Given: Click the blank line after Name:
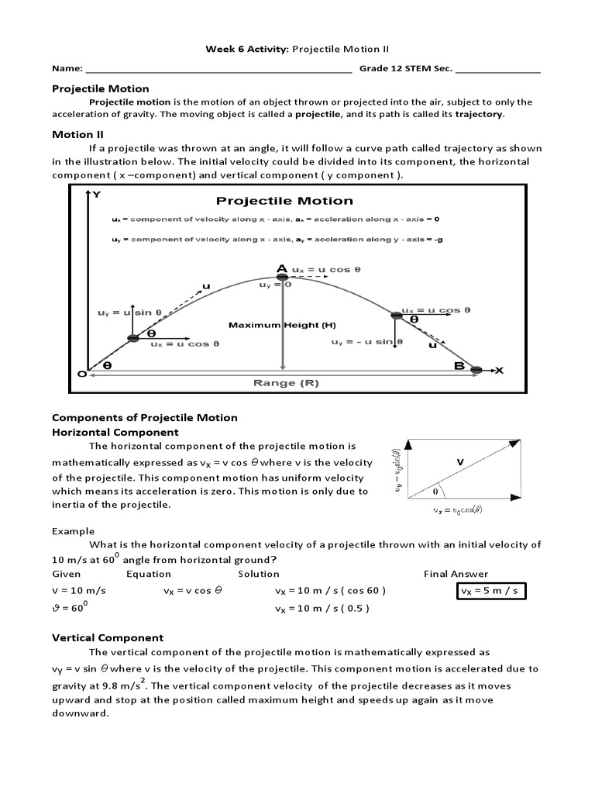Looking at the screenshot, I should pyautogui.click(x=219, y=70).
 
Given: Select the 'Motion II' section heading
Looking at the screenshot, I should pyautogui.click(x=72, y=134).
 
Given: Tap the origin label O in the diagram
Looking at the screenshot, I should pyautogui.click(x=81, y=373).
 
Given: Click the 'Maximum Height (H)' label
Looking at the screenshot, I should pyautogui.click(x=271, y=325).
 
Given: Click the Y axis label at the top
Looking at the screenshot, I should pyautogui.click(x=96, y=195).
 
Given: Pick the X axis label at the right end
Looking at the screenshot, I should pyautogui.click(x=498, y=371).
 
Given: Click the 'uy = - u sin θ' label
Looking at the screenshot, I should pyautogui.click(x=362, y=342).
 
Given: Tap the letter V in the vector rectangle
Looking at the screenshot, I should pyautogui.click(x=459, y=461).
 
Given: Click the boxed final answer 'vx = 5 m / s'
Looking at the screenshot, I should pyautogui.click(x=490, y=591).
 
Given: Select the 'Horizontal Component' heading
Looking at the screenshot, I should pyautogui.click(x=115, y=432).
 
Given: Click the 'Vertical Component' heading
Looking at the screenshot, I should pyautogui.click(x=108, y=637).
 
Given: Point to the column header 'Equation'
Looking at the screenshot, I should pyautogui.click(x=149, y=574).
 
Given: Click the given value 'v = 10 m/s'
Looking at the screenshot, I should pyautogui.click(x=78, y=591).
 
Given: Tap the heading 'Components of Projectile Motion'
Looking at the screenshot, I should pyautogui.click(x=144, y=417).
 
